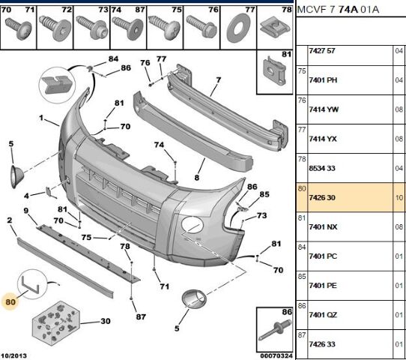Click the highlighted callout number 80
[10, 302]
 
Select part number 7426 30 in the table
[322, 198]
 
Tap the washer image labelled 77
[238, 28]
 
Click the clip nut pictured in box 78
[274, 27]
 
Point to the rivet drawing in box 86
[275, 329]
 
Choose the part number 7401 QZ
[323, 315]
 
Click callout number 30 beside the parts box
[106, 321]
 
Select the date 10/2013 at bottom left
[13, 355]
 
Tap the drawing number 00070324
[276, 355]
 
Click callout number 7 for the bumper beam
[219, 79]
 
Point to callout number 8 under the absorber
[197, 178]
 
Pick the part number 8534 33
[322, 169]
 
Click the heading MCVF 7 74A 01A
[338, 10]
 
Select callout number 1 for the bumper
[41, 118]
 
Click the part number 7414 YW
[324, 109]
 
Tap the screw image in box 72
[55, 28]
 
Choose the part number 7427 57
[322, 51]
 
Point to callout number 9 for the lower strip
[26, 211]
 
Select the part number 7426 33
[322, 344]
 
